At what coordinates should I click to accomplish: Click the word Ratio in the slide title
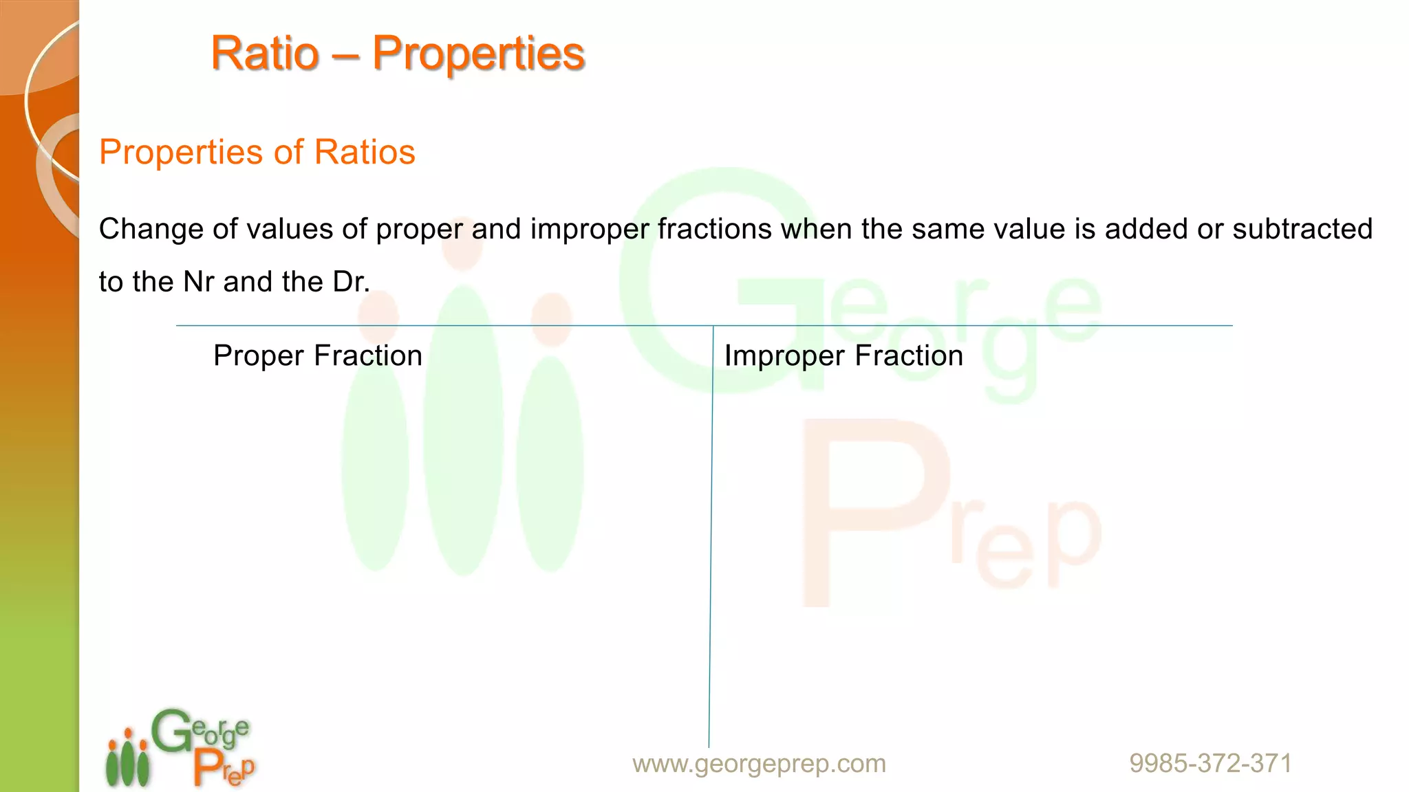[265, 54]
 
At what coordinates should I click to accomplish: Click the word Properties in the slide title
[478, 54]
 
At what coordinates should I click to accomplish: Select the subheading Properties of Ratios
[257, 152]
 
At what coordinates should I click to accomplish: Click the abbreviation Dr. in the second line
[352, 282]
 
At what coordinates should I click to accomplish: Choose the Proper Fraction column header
[317, 356]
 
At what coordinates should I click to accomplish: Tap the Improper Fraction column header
[843, 356]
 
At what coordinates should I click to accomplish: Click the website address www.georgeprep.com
[759, 763]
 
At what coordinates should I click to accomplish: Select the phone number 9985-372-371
[1210, 763]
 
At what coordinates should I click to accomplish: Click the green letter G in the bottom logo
[171, 731]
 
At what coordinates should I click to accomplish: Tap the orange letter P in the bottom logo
[207, 766]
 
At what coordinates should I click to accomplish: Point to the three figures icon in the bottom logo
[127, 759]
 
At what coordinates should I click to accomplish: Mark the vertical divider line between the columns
[711, 536]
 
